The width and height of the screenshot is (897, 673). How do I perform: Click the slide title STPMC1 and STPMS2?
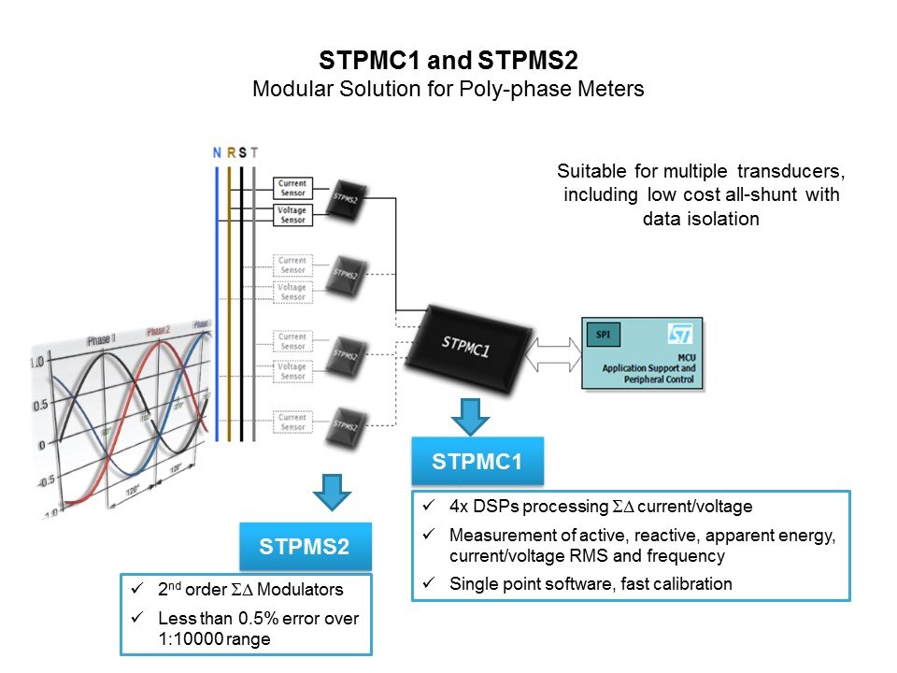448,62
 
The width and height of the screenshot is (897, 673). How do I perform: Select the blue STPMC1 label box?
477,461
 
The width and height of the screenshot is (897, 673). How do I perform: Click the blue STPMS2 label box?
306,547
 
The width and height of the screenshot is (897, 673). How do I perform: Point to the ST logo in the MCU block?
679,335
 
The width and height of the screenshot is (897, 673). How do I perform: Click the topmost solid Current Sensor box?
292,189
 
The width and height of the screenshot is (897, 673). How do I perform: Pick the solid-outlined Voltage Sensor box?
292,215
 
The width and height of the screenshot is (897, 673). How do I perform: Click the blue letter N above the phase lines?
217,153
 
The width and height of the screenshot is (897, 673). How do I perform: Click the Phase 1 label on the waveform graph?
100,341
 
